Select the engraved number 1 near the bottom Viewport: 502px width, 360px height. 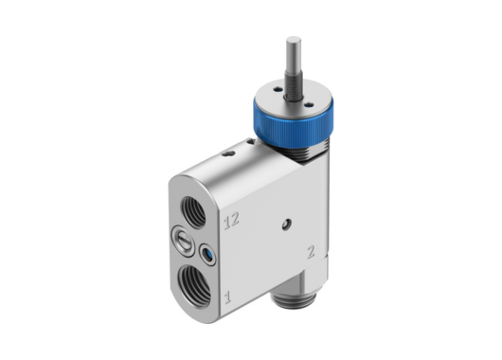click(x=225, y=299)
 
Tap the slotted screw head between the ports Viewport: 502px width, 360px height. click(x=181, y=241)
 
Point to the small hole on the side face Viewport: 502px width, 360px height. click(x=285, y=224)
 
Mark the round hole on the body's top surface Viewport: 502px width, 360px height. click(x=227, y=153)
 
